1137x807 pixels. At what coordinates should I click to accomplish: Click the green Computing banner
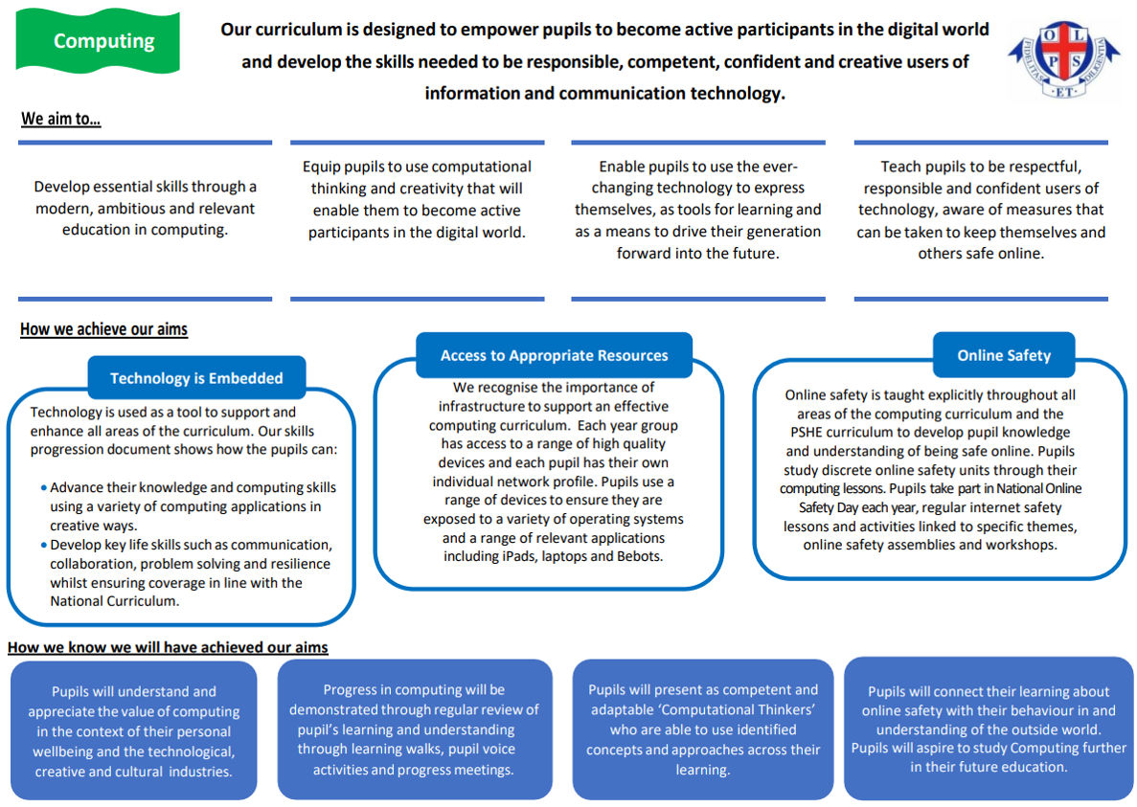click(x=98, y=41)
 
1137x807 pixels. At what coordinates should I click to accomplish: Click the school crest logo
click(x=1064, y=59)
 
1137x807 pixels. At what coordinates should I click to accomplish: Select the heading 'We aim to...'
click(x=61, y=119)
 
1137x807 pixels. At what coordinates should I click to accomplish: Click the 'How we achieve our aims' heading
click(x=103, y=329)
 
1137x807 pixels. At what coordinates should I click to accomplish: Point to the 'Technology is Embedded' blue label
click(x=196, y=377)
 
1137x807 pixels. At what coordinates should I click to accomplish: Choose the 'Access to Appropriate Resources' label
click(x=554, y=355)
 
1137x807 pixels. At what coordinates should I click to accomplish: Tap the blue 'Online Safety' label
click(x=1004, y=355)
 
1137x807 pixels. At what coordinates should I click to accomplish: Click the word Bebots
click(x=639, y=556)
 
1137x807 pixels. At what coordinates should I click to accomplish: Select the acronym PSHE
click(x=807, y=433)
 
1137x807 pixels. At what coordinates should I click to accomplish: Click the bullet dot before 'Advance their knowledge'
click(x=44, y=487)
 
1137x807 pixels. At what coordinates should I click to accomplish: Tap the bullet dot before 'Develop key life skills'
click(x=44, y=545)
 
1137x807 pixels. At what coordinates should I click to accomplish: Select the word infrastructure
click(x=482, y=407)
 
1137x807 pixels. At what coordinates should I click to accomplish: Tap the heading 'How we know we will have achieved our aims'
click(x=168, y=647)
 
